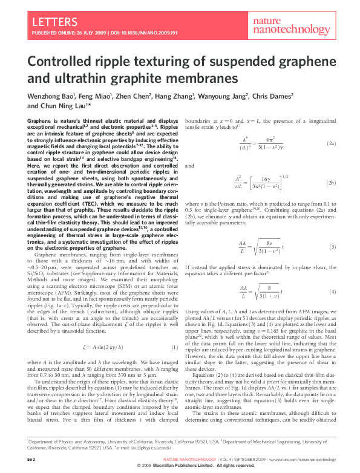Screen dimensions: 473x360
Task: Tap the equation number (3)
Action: coord(332,247)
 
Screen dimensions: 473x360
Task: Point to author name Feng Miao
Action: coord(99,96)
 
